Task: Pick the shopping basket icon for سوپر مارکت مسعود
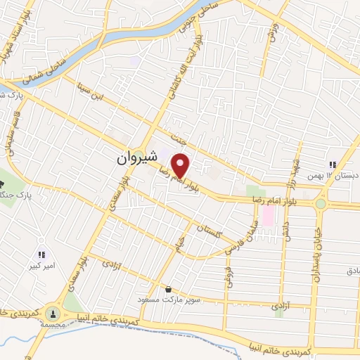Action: point(168,288)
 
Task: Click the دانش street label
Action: point(287,229)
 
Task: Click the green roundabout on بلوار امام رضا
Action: point(321,203)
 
